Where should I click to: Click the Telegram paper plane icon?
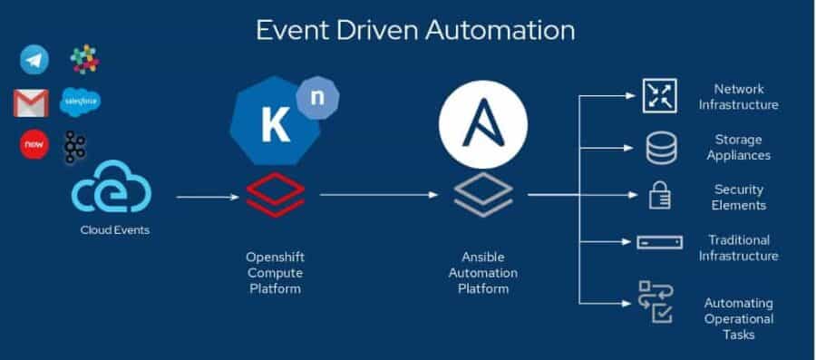tap(34, 60)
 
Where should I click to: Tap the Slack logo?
tap(85, 60)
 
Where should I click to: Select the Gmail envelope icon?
tap(31, 102)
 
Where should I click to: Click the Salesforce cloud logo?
tap(80, 102)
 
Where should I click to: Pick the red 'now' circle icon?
tap(34, 144)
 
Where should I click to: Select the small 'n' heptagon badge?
tap(317, 96)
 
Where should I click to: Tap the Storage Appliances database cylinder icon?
tap(661, 147)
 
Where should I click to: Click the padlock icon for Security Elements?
tap(658, 197)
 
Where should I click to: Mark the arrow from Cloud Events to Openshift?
tap(209, 195)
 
